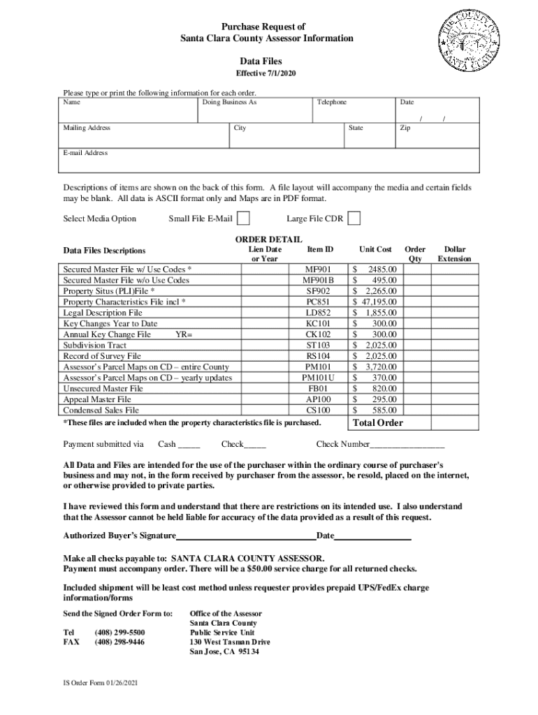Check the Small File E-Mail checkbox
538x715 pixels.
[243, 219]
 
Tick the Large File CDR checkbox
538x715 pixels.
[354, 219]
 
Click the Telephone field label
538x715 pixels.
[331, 103]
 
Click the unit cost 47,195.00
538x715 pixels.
[375, 302]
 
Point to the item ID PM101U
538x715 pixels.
[319, 378]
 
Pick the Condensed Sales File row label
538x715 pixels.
[101, 411]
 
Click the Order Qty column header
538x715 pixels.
[415, 253]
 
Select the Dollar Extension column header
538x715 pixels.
[454, 253]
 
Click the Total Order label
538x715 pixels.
[378, 423]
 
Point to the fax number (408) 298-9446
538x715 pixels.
[119, 641]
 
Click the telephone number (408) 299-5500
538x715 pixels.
[119, 631]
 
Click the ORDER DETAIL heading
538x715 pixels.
[268, 239]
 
